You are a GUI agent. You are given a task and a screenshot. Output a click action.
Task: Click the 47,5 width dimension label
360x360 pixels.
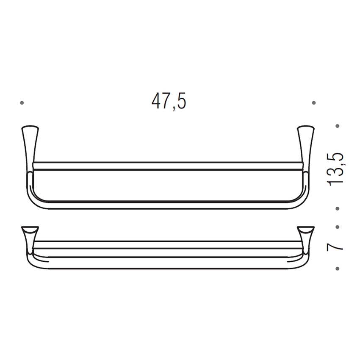point(169,102)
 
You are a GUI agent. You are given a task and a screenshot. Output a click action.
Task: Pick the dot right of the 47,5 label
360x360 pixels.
point(314,102)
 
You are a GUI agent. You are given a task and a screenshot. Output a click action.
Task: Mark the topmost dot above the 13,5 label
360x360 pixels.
point(338,126)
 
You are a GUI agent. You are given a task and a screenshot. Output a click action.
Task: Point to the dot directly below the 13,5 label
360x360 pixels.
point(338,208)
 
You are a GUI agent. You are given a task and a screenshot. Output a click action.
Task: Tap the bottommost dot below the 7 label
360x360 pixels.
point(338,268)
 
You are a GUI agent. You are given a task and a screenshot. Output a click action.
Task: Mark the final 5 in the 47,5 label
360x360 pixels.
point(181,102)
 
